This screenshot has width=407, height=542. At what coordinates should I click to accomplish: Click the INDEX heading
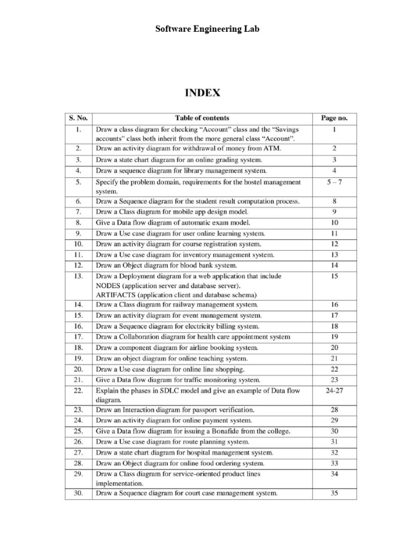203,93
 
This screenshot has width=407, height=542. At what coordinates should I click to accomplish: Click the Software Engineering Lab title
208,29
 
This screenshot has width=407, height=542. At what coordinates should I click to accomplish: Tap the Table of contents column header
202,118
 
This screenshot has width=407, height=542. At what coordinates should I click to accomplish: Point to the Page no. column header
334,118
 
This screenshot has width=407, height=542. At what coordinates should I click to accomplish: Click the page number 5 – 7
334,182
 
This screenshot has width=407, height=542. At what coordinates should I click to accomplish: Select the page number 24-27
334,391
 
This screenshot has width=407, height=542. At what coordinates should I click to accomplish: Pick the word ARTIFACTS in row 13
116,294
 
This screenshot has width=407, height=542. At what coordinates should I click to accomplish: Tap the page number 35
334,493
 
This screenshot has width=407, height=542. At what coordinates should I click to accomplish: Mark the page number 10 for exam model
334,223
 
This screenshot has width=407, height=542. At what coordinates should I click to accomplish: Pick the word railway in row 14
169,304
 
